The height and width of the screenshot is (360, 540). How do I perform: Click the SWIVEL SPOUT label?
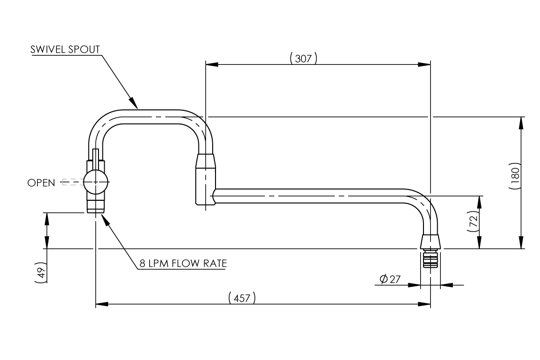coord(65,49)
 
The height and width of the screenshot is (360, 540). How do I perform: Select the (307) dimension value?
coord(303,58)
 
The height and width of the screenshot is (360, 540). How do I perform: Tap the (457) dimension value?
coord(242,298)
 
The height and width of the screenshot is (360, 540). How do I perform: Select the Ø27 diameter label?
coord(390,279)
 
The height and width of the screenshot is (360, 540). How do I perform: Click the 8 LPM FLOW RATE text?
coord(182,264)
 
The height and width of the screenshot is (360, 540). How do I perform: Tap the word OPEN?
coord(41,182)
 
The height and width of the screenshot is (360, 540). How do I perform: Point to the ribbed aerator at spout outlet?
coord(431,260)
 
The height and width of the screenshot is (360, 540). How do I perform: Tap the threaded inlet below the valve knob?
coord(96,205)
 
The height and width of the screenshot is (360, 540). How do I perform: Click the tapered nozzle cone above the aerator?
coord(431,242)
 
